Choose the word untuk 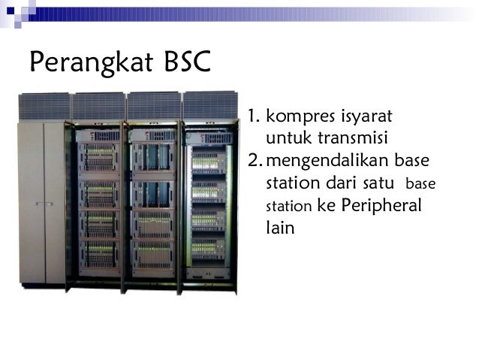[286, 139]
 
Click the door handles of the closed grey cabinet [44, 203]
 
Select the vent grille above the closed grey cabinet [44, 107]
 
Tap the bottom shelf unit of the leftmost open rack [99, 254]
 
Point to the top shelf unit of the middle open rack [153, 157]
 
